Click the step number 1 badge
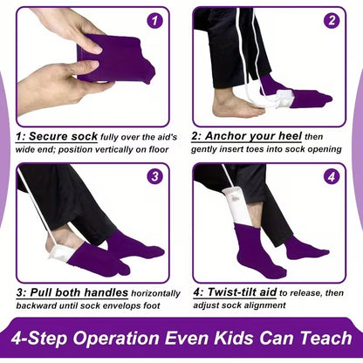[154, 19]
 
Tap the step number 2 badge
[332, 19]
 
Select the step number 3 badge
[154, 176]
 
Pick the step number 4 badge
[332, 176]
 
